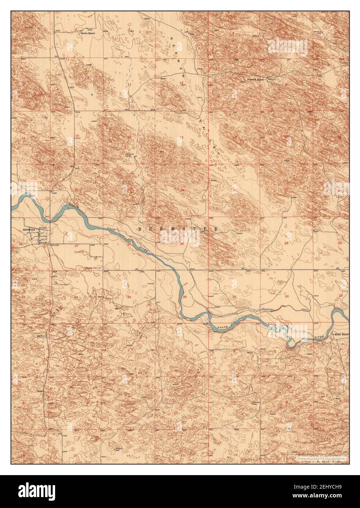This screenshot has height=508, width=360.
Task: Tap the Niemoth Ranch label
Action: (255, 79)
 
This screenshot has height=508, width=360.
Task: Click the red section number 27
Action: (76, 246)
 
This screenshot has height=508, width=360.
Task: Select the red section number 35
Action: (129, 297)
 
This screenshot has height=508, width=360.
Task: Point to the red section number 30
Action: (234, 243)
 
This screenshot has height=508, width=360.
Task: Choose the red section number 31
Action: (234, 297)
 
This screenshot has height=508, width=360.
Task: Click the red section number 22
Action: (76, 190)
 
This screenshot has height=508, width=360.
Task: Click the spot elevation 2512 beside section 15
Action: (77, 139)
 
